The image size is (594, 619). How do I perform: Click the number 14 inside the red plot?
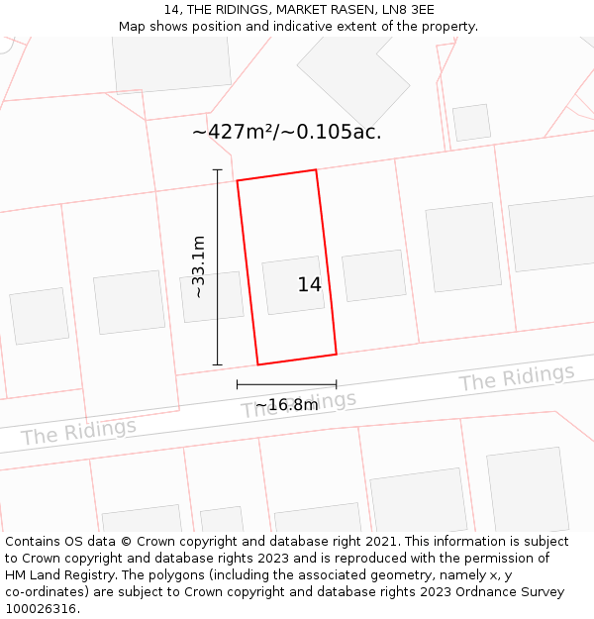tap(309, 285)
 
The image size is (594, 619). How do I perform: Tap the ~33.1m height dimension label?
tap(199, 266)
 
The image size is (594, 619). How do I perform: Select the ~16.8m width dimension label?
tap(286, 405)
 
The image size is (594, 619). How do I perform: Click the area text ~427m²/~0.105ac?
tap(286, 132)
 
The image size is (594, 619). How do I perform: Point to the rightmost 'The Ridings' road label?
tap(516, 378)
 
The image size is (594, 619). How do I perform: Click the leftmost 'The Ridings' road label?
tap(78, 432)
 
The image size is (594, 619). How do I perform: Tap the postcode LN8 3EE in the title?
tap(411, 10)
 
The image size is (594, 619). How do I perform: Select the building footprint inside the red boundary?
tap(293, 285)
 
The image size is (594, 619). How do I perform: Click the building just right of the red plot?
tap(374, 275)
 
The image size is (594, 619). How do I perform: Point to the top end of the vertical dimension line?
tap(218, 169)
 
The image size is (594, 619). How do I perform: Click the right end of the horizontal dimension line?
tap(337, 384)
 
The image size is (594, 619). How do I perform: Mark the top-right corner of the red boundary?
tap(316, 170)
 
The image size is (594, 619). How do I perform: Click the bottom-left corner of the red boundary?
tap(258, 364)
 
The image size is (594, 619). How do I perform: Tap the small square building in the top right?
tap(471, 122)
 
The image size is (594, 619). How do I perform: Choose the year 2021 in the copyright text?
tap(380, 542)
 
